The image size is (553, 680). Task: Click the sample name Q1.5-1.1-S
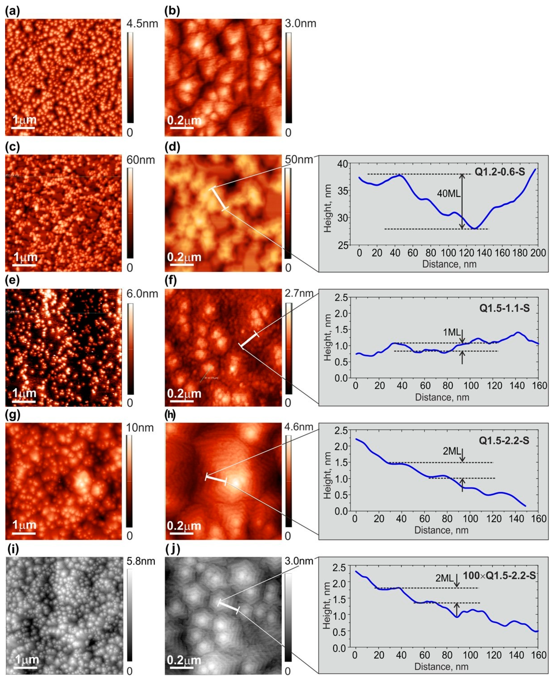point(504,308)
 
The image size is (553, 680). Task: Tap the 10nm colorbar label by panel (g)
point(140,428)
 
